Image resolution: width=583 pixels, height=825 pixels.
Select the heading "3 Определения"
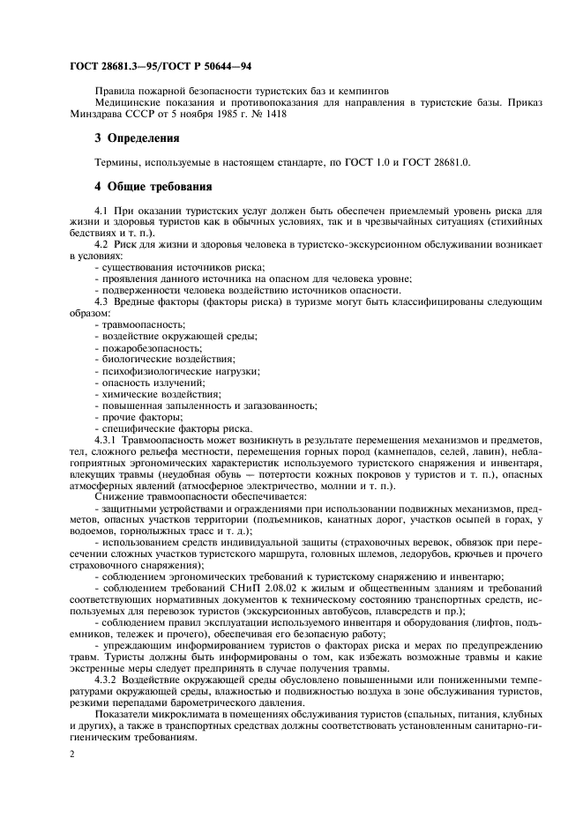(137, 138)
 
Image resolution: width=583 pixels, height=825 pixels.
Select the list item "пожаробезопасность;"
(146, 348)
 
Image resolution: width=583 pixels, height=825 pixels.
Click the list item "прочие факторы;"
(135, 417)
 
